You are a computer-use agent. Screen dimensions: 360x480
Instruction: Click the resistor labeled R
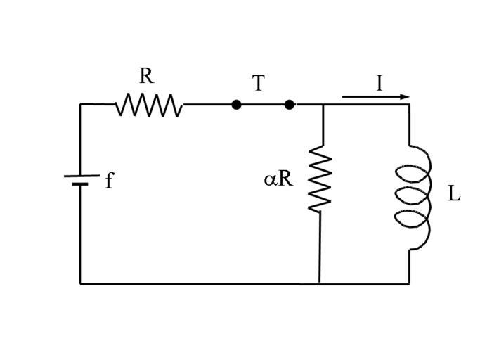tap(149, 105)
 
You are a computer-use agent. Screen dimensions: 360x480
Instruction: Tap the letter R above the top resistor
tap(145, 76)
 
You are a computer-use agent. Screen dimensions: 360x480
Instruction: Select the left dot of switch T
tap(236, 105)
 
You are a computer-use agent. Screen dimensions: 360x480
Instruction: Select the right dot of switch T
tap(289, 105)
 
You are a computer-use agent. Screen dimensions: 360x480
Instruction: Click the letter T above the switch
tap(258, 84)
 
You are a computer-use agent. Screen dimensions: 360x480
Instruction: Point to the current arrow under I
tap(375, 97)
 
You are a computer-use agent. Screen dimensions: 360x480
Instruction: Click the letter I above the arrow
tap(380, 84)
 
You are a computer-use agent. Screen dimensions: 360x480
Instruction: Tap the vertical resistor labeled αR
tap(320, 179)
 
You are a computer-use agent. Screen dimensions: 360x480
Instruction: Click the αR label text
tap(278, 179)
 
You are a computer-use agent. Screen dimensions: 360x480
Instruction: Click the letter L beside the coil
tap(454, 194)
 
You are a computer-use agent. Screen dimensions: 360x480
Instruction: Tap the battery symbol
tap(80, 180)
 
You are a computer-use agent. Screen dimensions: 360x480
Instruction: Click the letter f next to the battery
tap(109, 181)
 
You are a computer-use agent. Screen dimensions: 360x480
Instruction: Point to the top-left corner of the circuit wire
tap(80, 105)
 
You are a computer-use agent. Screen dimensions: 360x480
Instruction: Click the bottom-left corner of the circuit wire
tap(80, 283)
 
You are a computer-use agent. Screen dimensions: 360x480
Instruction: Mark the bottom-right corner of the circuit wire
tap(409, 283)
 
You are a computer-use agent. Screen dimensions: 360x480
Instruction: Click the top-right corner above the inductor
tap(409, 105)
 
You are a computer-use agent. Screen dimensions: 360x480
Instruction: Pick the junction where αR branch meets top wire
tap(322, 105)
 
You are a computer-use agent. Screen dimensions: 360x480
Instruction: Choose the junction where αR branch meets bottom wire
tap(320, 283)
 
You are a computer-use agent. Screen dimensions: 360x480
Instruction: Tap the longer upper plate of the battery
tap(80, 175)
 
